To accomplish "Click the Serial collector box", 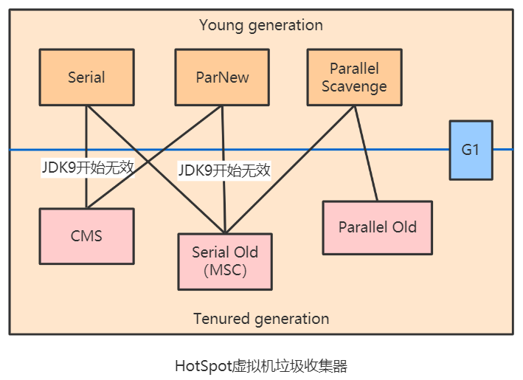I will [x=86, y=77].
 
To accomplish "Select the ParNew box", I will [x=223, y=77].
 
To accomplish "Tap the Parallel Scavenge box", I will [x=354, y=77].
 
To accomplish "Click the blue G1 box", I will [x=471, y=150].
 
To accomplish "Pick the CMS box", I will [x=86, y=236].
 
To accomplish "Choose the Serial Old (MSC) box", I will [x=225, y=261].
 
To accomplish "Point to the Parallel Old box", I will [x=378, y=227].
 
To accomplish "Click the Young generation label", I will [x=261, y=25].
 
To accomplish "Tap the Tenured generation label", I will [x=261, y=319].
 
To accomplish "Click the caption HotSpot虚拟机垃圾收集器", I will [x=261, y=366].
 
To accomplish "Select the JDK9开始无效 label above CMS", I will [x=88, y=167].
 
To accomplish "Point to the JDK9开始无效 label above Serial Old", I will [x=224, y=170].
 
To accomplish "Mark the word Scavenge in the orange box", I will [x=354, y=86].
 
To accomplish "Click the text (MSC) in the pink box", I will [x=225, y=270].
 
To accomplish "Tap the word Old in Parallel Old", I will [x=403, y=227].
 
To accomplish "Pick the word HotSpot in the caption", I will [x=202, y=366].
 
